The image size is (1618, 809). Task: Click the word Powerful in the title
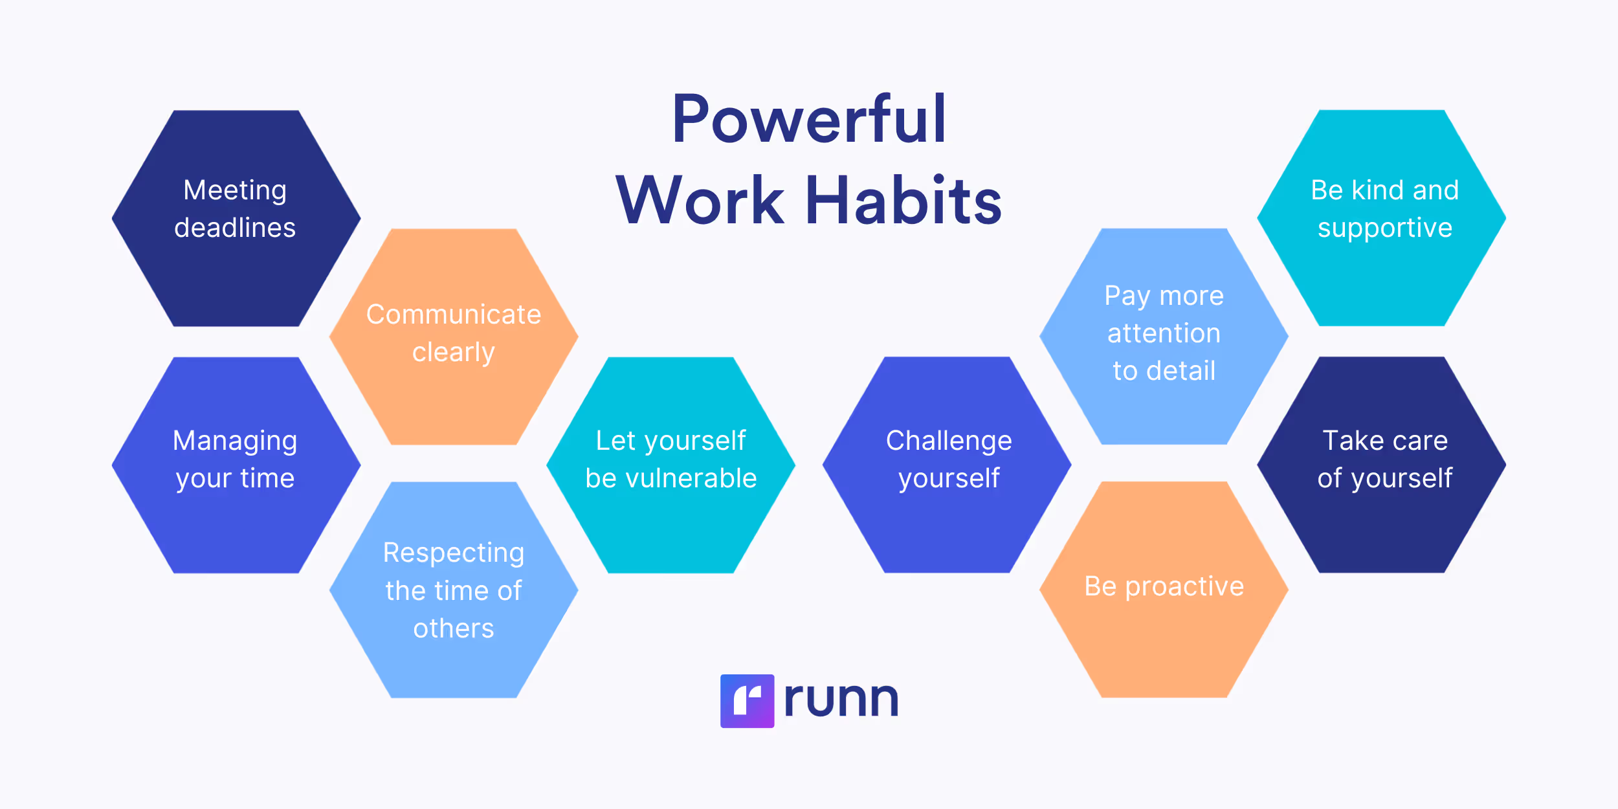click(x=809, y=120)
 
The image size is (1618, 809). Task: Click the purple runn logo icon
click(x=747, y=701)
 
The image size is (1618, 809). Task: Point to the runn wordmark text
click(x=841, y=700)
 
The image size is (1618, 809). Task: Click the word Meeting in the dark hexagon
click(x=235, y=191)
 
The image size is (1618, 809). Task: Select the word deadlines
click(x=235, y=228)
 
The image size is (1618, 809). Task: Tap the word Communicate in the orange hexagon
click(x=453, y=315)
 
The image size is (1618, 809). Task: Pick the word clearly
click(x=453, y=353)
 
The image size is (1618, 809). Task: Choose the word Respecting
click(x=453, y=553)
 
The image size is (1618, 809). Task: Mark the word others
click(x=453, y=628)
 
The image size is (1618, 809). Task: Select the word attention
click(x=1164, y=333)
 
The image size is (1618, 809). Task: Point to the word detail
click(x=1180, y=371)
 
